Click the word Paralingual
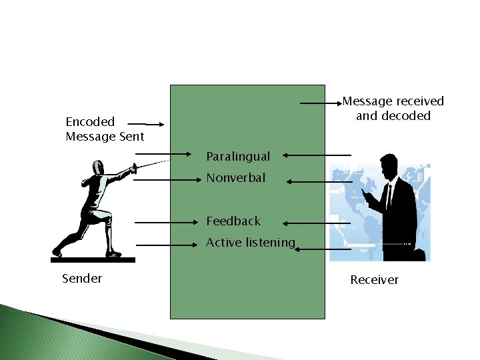(238, 157)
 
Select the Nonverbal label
(235, 178)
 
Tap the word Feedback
(233, 221)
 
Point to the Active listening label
(250, 243)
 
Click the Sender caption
(82, 279)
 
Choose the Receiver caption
(374, 280)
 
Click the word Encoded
(90, 122)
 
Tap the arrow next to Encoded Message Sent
(146, 124)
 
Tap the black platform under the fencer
(93, 259)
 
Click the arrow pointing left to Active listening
(323, 249)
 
